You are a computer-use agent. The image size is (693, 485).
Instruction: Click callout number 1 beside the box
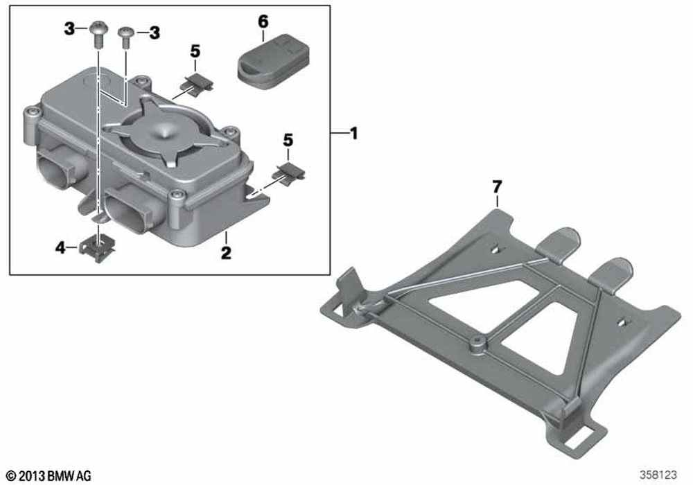coord(353,134)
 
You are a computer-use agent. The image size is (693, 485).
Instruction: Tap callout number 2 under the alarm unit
coord(226,253)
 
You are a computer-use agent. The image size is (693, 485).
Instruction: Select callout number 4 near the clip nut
coord(60,248)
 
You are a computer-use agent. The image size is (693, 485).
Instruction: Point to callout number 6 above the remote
coord(263,21)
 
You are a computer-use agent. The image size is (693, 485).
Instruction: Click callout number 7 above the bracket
coord(497,187)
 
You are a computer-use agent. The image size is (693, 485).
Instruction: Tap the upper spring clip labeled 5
coord(197,84)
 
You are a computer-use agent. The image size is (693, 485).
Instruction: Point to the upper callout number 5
coord(195,52)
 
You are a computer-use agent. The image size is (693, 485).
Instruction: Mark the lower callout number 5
coord(288,141)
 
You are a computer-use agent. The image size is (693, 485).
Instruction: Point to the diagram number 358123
coord(658,475)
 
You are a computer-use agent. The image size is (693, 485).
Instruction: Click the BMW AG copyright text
coord(49,476)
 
